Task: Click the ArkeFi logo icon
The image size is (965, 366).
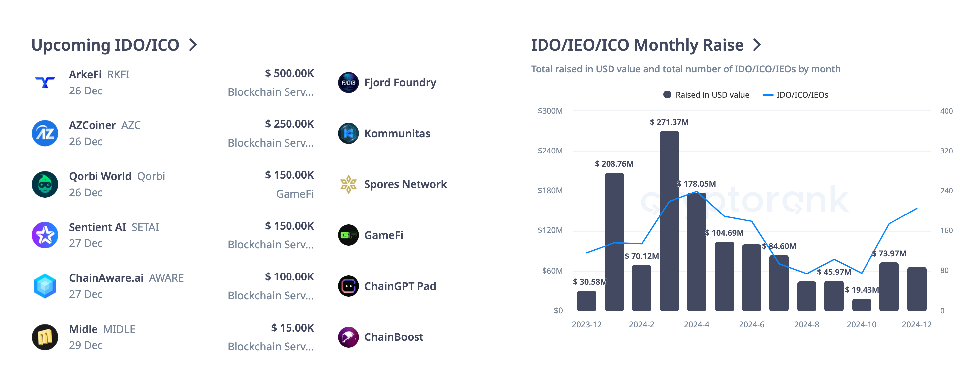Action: (x=45, y=82)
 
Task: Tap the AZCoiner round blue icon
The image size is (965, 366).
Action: (x=45, y=133)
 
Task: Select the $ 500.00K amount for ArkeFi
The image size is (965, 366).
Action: (x=289, y=73)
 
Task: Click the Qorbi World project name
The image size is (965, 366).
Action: (x=100, y=176)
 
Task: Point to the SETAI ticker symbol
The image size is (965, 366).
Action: (x=145, y=227)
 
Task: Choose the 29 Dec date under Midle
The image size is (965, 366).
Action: (x=86, y=345)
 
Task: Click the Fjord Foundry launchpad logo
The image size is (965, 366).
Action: (x=348, y=83)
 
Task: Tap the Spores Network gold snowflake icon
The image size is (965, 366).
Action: (x=348, y=184)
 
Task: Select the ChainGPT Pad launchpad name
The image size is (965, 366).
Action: (x=400, y=286)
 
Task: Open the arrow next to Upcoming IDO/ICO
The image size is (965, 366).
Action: (x=193, y=45)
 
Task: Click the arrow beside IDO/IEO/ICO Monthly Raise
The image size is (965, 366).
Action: (x=757, y=45)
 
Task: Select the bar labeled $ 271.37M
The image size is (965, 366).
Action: (x=669, y=221)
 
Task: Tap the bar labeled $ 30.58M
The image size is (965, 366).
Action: (x=586, y=300)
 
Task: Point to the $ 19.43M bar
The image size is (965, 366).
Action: (x=861, y=305)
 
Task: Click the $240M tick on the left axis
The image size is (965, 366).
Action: (x=550, y=151)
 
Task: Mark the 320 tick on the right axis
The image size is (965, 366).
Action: (x=946, y=151)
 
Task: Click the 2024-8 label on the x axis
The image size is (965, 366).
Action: (x=806, y=325)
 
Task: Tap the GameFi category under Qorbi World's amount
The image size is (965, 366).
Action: (x=295, y=194)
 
